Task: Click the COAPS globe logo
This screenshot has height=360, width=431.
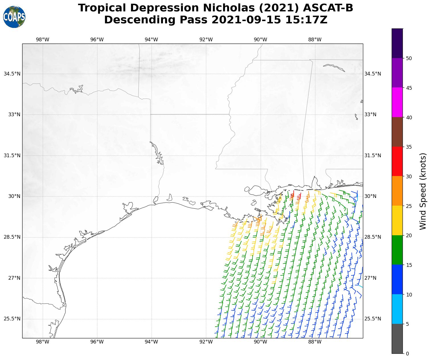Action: click(x=14, y=17)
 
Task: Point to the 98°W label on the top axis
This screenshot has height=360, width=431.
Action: click(x=42, y=40)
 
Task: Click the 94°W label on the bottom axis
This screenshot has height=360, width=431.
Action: click(x=151, y=342)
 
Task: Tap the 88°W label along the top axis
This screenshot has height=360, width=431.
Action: click(x=315, y=40)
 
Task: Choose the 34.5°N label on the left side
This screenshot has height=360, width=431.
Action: click(x=12, y=74)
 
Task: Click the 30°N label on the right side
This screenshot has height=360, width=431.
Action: click(x=370, y=196)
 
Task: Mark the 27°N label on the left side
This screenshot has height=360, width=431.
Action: click(x=14, y=278)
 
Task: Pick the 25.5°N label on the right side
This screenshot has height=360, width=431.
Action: click(x=373, y=319)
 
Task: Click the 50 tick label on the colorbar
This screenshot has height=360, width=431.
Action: click(x=409, y=58)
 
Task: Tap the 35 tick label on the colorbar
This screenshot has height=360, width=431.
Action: click(x=409, y=147)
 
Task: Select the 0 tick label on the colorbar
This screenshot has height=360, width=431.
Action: click(x=407, y=354)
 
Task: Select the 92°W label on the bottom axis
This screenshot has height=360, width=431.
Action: click(x=206, y=342)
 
